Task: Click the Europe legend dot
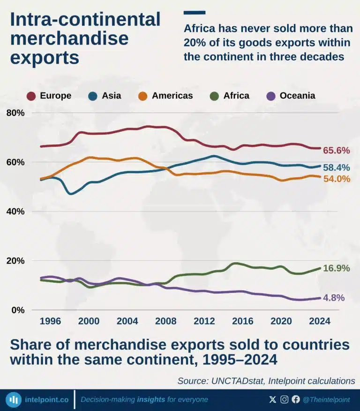31,96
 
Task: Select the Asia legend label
112,96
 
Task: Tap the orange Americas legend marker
142,96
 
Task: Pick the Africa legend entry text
236,96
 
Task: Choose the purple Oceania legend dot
271,96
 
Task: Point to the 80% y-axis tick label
15,113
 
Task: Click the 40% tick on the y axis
15,211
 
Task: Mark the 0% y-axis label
18,310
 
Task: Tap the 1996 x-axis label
50,321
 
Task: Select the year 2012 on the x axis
204,321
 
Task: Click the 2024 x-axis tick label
320,321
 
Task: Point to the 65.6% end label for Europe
337,151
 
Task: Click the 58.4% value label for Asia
337,167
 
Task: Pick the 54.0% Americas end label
337,179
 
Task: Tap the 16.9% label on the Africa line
337,268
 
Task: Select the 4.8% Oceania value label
334,298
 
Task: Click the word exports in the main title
45,58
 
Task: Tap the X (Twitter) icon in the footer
272,399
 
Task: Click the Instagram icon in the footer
285,399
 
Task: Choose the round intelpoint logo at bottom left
14,400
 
